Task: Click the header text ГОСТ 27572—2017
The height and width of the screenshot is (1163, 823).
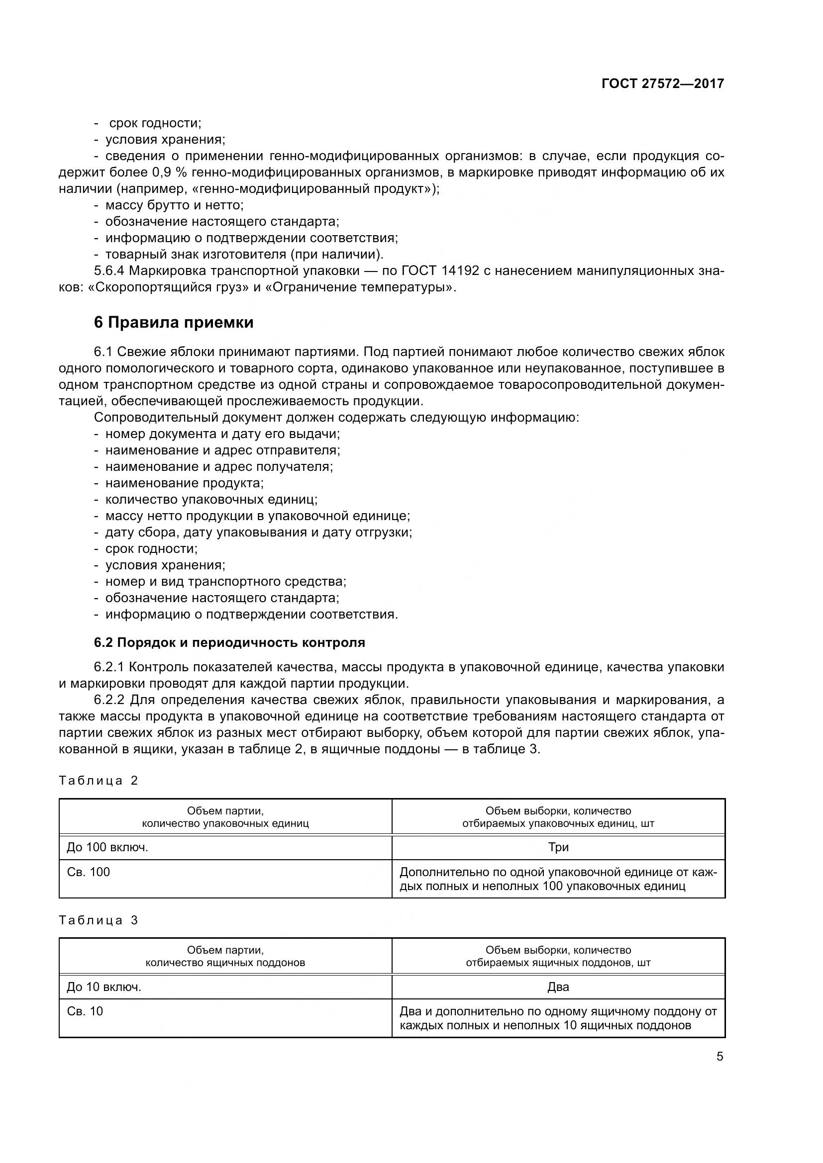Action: [662, 84]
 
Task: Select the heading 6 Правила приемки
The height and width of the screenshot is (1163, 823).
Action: [173, 323]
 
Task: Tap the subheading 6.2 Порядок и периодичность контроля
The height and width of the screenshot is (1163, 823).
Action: [229, 643]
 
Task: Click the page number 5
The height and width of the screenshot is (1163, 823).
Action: [720, 1057]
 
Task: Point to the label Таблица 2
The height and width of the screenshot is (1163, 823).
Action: [99, 781]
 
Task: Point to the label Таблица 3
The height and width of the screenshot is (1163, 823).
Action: [99, 920]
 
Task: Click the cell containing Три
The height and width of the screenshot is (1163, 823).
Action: [558, 847]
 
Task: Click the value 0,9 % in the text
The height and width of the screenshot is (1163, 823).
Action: [169, 173]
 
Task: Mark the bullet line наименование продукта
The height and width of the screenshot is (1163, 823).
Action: [184, 483]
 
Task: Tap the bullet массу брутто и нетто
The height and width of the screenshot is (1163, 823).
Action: [174, 206]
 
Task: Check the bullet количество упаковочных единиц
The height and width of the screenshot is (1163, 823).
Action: [211, 499]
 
